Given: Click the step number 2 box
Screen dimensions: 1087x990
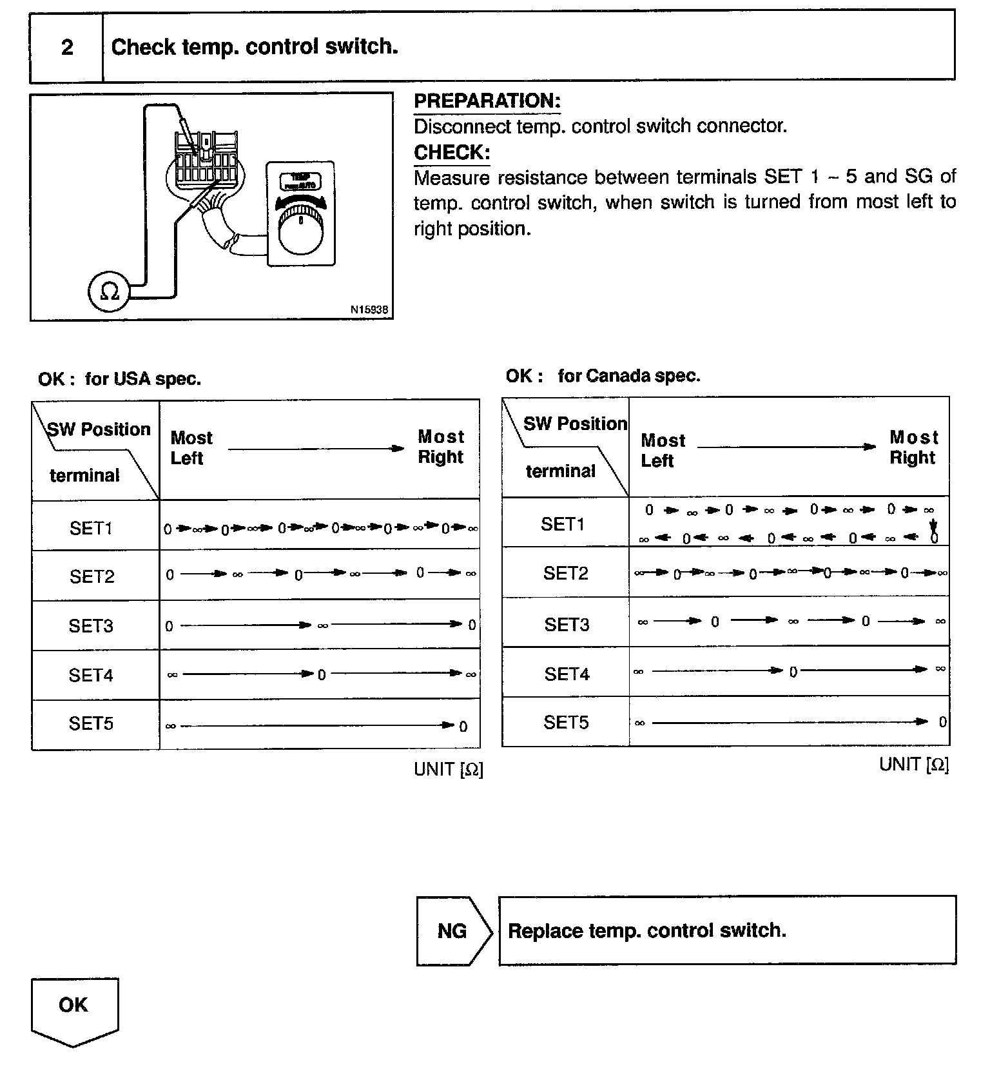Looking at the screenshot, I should (x=66, y=47).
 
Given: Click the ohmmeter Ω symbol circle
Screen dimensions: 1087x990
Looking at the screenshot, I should (x=109, y=292).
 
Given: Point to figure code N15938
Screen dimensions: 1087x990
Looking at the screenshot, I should (x=369, y=309).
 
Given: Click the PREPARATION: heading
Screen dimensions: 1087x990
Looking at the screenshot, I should (x=487, y=101).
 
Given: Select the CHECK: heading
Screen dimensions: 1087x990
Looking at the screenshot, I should (x=452, y=153).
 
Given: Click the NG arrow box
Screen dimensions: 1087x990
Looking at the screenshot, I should (x=453, y=930).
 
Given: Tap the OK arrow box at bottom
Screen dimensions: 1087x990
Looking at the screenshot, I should (x=74, y=1008).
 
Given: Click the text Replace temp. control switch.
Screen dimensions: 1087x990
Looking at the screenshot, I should (x=647, y=930).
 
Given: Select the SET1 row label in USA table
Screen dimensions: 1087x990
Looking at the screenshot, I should (x=91, y=528).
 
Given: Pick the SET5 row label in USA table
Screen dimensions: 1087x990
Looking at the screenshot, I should (x=91, y=723).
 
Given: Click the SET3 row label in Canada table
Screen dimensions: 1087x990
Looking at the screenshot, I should (x=567, y=624).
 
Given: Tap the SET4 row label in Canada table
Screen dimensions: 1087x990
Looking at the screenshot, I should (x=567, y=674).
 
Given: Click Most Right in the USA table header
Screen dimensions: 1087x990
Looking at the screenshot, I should (x=441, y=447).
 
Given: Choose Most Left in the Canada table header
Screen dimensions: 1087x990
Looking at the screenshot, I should (x=663, y=451).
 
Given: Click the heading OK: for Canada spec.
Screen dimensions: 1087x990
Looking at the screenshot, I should (x=603, y=376).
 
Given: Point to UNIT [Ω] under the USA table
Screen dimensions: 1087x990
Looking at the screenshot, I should (x=448, y=769).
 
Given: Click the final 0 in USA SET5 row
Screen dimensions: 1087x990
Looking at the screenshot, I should (x=463, y=727).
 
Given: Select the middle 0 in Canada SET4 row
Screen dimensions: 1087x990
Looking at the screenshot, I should (x=793, y=672).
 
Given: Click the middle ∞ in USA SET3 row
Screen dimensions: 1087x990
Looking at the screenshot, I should (x=323, y=625).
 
